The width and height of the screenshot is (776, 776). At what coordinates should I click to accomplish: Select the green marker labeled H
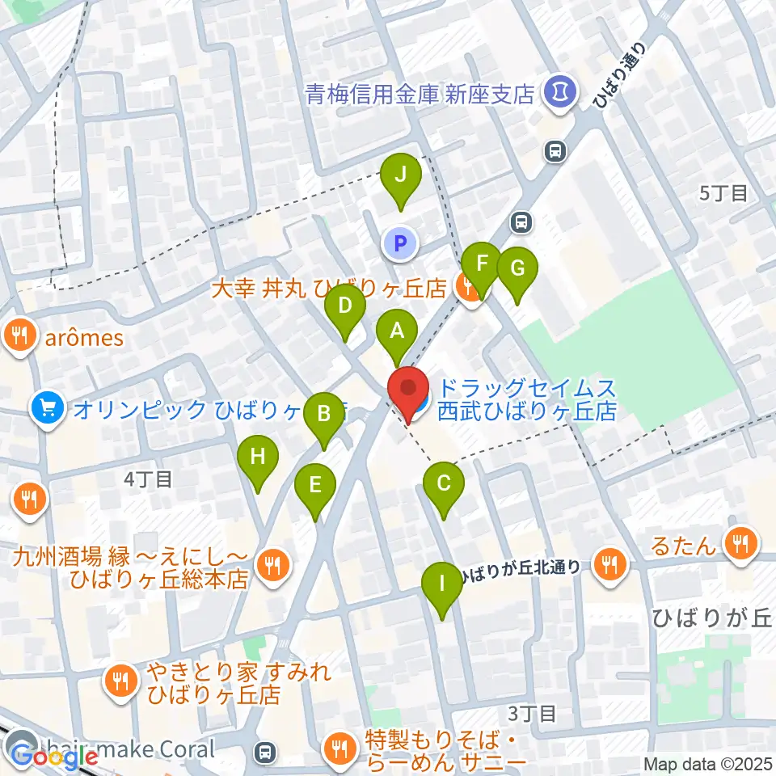pyautogui.click(x=258, y=458)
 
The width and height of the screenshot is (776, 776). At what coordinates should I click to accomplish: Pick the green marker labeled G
pyautogui.click(x=517, y=269)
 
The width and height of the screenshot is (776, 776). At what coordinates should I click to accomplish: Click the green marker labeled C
pyautogui.click(x=444, y=484)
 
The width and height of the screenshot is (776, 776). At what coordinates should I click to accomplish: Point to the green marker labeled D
pyautogui.click(x=345, y=307)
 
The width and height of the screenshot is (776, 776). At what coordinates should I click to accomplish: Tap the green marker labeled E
pyautogui.click(x=315, y=486)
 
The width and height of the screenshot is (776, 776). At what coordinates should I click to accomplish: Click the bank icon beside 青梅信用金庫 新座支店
pyautogui.click(x=559, y=92)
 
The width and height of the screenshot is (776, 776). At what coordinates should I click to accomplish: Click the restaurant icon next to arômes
pyautogui.click(x=19, y=335)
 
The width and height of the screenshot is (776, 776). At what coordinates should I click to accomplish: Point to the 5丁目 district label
pyautogui.click(x=724, y=192)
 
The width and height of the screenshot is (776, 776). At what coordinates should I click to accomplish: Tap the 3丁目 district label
pyautogui.click(x=533, y=713)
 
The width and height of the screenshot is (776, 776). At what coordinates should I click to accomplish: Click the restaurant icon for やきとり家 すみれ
pyautogui.click(x=121, y=681)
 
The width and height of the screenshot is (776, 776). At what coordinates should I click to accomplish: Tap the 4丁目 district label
pyautogui.click(x=148, y=479)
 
